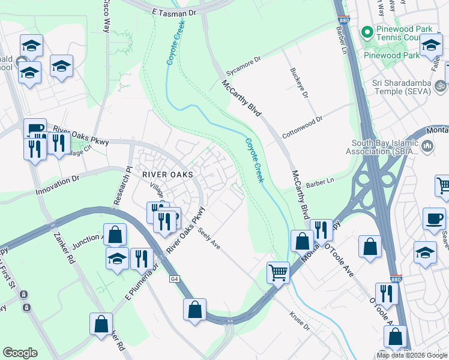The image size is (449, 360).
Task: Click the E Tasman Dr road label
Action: (174, 12)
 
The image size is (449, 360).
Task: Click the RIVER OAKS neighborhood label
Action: (167, 175)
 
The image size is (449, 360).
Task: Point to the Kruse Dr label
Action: (299, 322)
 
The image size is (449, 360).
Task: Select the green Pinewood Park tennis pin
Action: (367, 31)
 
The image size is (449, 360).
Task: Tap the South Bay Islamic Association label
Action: (380, 146)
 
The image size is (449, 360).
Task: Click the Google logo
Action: (20, 353)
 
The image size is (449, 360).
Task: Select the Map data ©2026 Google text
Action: (412, 355)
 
